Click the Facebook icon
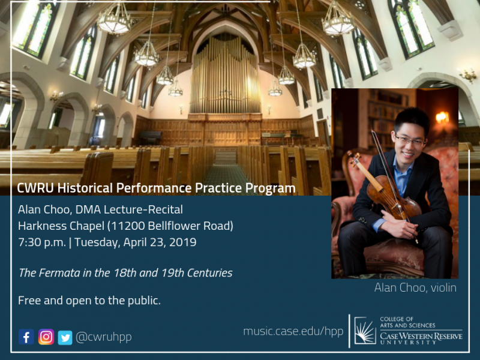(26, 337)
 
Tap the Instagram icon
(46, 337)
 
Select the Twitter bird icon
(65, 337)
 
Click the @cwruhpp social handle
(103, 337)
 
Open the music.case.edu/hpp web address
(293, 331)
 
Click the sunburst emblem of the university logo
(365, 331)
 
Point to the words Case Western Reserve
(421, 336)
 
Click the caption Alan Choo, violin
(415, 288)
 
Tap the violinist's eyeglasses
(410, 140)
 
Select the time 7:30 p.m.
(42, 242)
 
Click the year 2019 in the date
(183, 242)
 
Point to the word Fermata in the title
(59, 273)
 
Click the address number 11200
(127, 226)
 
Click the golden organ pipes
(226, 76)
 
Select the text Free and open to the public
(89, 301)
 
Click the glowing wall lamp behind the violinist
(442, 117)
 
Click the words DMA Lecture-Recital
(129, 209)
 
